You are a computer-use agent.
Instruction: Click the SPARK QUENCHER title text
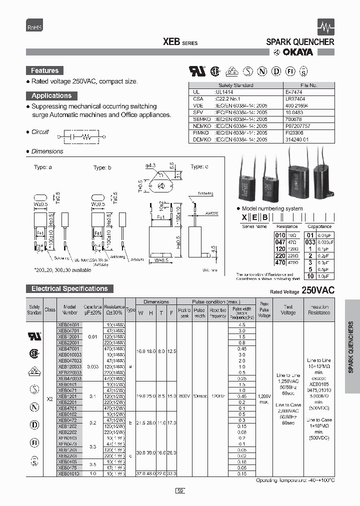coord(300,42)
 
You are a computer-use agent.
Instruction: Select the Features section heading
coord(44,71)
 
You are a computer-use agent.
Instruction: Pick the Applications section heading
coord(51,95)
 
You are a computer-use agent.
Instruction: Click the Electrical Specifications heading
coord(69,288)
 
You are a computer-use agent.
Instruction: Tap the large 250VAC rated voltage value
coord(318,290)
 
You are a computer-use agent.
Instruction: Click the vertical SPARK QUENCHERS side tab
coord(351,346)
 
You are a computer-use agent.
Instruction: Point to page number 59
coord(180,491)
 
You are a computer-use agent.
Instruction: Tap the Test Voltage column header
coord(288,309)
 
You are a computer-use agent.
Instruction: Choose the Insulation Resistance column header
coord(319,309)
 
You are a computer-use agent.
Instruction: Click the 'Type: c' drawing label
coord(198,166)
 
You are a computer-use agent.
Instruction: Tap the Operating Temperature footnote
coord(298,480)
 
